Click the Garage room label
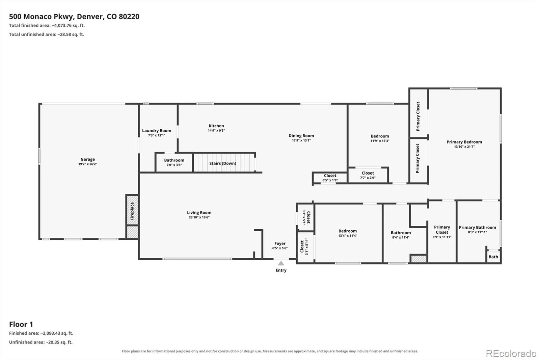point(87,159)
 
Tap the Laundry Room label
point(157,131)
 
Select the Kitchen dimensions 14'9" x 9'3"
point(216,131)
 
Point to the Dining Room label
point(301,136)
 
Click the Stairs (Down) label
point(222,163)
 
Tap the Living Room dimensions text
point(199,217)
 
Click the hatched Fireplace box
point(132,210)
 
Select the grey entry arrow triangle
point(281,263)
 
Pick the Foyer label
point(280,243)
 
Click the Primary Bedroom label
point(464,142)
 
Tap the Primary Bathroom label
point(477,228)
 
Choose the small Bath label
point(493,257)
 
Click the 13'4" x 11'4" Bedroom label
point(348,233)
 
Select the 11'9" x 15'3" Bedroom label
point(380,138)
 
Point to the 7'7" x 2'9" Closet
point(368,175)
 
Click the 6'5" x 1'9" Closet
point(330,178)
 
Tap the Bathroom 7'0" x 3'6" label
point(174,162)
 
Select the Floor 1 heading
point(21,324)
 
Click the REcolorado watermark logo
point(511,354)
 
